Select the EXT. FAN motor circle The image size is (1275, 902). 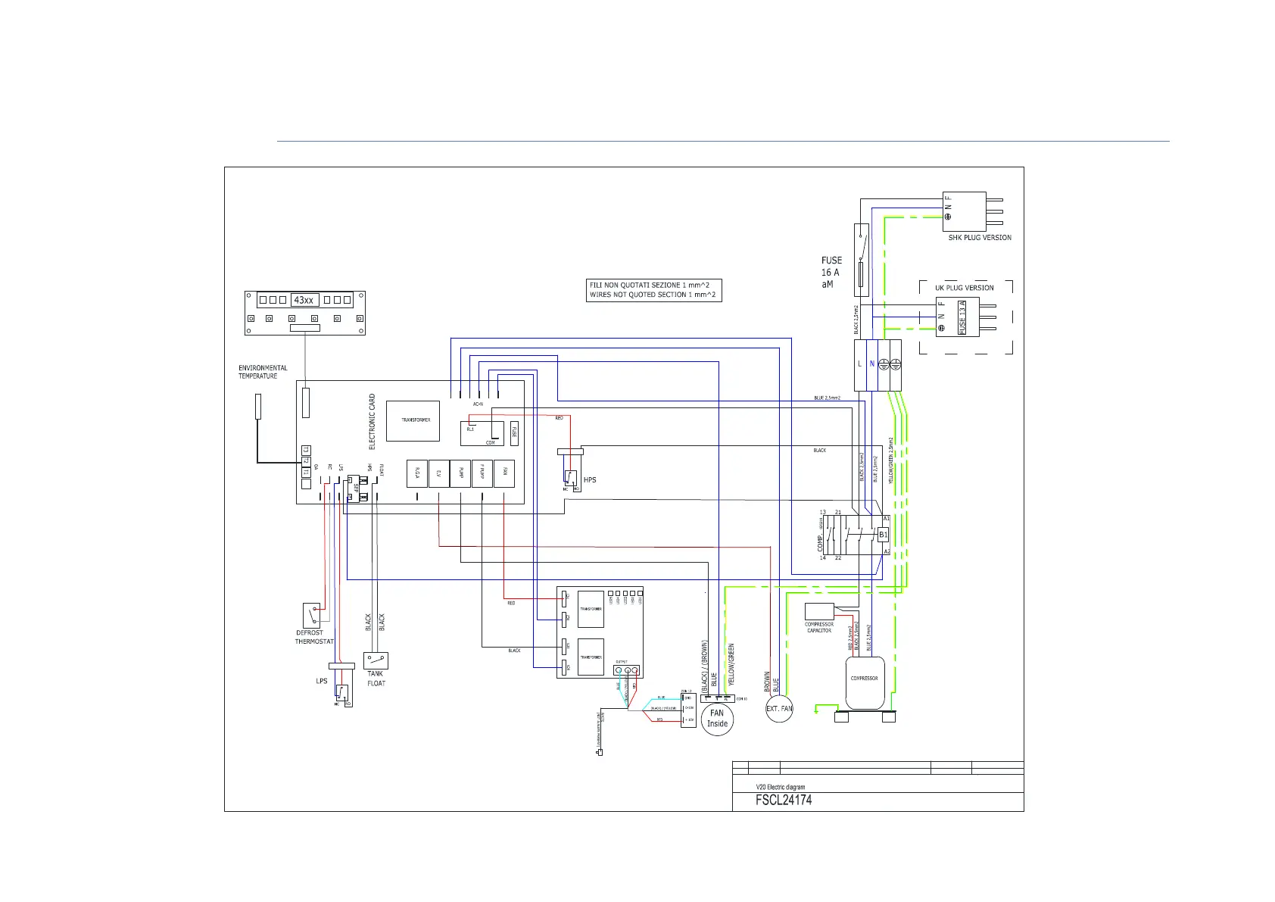(x=779, y=709)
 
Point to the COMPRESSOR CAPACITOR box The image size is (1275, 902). (x=819, y=611)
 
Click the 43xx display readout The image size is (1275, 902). (x=304, y=300)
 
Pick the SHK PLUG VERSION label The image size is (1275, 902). (x=980, y=238)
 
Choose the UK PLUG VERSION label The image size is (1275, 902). (x=964, y=288)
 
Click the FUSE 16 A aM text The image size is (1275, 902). (x=831, y=272)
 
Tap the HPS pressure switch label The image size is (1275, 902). (x=590, y=480)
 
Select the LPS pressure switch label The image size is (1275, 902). (x=322, y=681)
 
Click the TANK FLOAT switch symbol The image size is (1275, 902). (x=376, y=660)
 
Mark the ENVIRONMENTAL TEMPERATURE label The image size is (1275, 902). (x=263, y=372)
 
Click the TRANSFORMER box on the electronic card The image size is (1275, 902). (x=413, y=421)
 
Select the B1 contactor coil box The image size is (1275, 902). (x=883, y=535)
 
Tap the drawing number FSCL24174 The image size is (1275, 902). (x=784, y=800)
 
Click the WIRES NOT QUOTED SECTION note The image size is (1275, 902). (x=653, y=295)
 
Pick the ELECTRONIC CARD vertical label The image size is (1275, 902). (x=372, y=421)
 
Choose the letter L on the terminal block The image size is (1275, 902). (x=859, y=364)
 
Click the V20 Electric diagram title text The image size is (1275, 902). (x=780, y=787)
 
